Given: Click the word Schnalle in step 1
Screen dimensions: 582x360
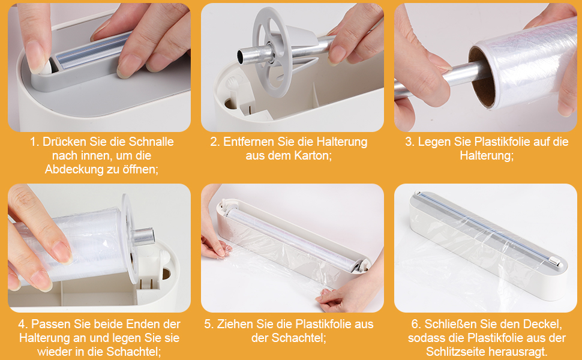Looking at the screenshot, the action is coord(151,142).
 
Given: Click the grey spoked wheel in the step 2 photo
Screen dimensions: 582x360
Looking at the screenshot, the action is coord(271,52).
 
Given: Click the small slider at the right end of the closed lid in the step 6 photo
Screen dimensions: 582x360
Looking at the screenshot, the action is coord(554,262).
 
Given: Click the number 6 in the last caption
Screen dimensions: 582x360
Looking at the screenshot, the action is coord(415,324).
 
